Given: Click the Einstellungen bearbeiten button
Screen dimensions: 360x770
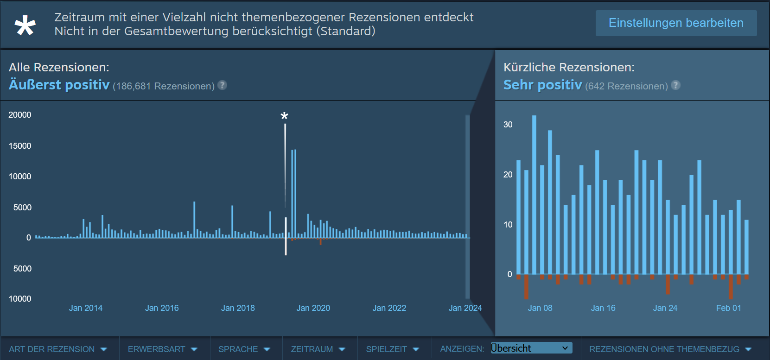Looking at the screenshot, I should click(x=676, y=23).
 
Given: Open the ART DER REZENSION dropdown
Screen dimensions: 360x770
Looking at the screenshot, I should click(x=58, y=349).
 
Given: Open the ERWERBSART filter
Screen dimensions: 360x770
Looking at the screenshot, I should click(x=163, y=349).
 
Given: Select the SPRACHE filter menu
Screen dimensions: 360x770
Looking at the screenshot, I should click(x=244, y=349).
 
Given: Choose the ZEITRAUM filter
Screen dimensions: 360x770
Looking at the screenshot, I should click(x=318, y=349).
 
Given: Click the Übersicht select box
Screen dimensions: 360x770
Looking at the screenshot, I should click(x=531, y=348).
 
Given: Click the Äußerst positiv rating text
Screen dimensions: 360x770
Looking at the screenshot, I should click(x=59, y=85).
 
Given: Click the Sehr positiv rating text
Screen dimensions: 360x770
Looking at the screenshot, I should click(x=542, y=85).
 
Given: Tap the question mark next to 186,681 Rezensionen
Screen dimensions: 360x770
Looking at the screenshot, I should click(x=223, y=85).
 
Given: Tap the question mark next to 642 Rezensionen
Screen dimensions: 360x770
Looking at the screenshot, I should click(x=676, y=85).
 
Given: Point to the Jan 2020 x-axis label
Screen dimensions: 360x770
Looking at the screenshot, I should click(x=313, y=308).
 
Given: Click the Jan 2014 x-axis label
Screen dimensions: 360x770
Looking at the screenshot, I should click(x=86, y=308).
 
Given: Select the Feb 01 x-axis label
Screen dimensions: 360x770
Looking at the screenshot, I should click(x=728, y=308).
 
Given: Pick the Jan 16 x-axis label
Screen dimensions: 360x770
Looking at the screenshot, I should click(x=603, y=308).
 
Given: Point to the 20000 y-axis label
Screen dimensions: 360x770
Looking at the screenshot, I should click(x=20, y=115).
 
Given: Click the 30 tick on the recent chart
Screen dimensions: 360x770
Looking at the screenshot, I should click(x=508, y=125).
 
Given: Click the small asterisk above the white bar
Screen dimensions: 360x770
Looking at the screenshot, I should click(x=285, y=116).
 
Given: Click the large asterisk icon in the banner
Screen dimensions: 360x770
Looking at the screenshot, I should click(x=25, y=25).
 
